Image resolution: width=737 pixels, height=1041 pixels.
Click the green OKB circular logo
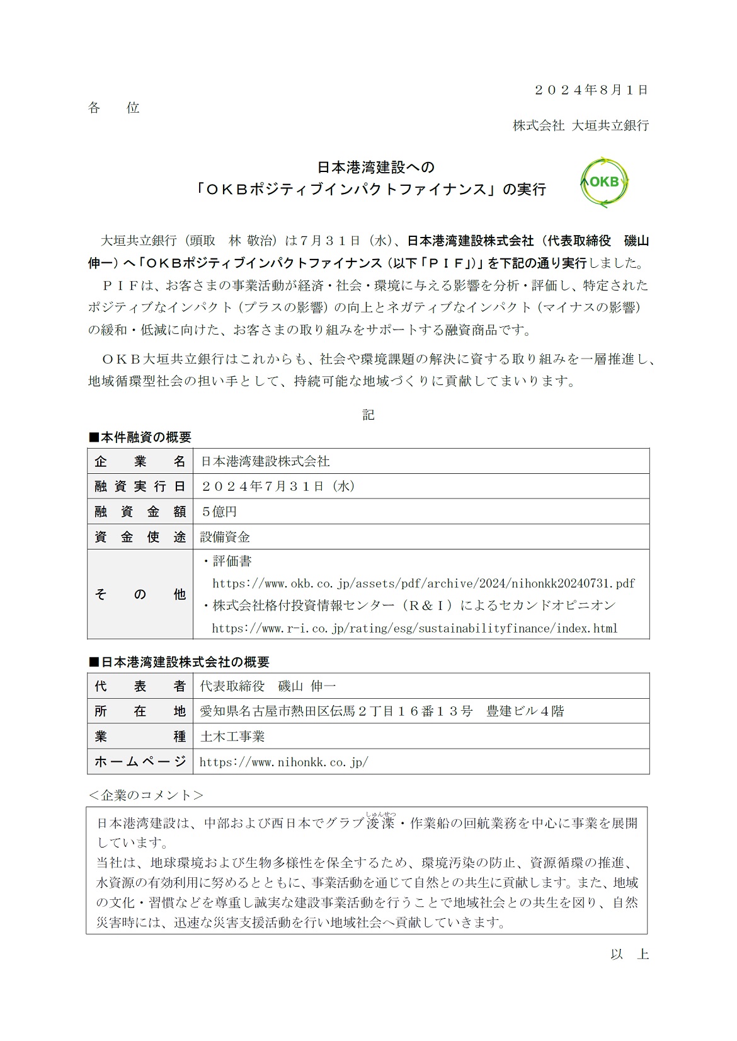point(604,181)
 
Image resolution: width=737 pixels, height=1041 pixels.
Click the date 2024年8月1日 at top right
point(591,90)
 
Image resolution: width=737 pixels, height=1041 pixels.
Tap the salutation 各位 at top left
point(114,108)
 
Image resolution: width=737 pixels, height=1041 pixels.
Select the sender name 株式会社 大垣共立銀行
point(580,125)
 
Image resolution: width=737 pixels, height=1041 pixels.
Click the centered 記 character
point(368,414)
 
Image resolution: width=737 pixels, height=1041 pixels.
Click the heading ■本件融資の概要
point(140,437)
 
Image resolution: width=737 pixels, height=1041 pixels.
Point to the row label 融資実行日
point(140,486)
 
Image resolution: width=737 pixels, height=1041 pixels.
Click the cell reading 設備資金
point(225,537)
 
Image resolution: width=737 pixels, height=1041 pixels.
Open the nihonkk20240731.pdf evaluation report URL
point(423,583)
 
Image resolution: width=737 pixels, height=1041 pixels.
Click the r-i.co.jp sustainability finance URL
point(414,628)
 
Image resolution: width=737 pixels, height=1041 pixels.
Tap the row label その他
point(140,594)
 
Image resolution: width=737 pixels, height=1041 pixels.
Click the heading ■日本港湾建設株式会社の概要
point(179,662)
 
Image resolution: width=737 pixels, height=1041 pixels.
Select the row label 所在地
point(140,711)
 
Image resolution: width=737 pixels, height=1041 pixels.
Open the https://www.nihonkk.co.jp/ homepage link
point(283,762)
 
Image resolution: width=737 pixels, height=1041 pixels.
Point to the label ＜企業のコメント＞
point(146,795)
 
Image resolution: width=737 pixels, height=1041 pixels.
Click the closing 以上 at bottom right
point(629,954)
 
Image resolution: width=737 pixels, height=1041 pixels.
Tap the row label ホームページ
point(140,762)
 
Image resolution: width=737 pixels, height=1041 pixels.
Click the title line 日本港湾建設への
point(375,168)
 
